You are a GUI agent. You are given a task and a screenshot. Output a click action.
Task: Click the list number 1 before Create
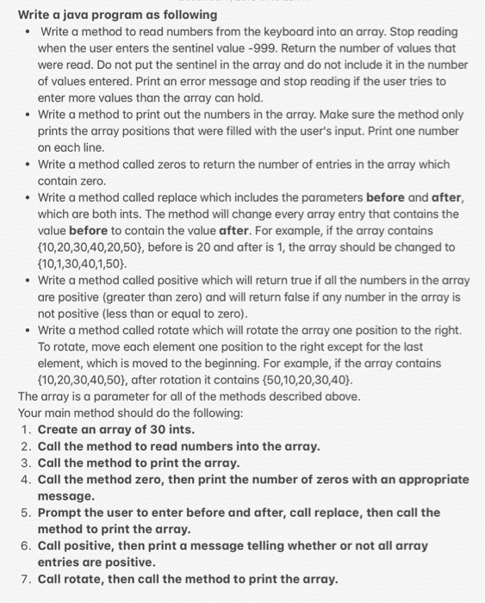25,430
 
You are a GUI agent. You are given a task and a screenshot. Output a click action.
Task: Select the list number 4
25,479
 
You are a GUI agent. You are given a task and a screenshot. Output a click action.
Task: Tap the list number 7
25,579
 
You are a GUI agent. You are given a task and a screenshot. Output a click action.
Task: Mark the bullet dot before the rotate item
28,331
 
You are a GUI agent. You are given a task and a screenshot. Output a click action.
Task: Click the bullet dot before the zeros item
28,164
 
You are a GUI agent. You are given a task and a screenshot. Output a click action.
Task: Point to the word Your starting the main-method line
29,413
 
